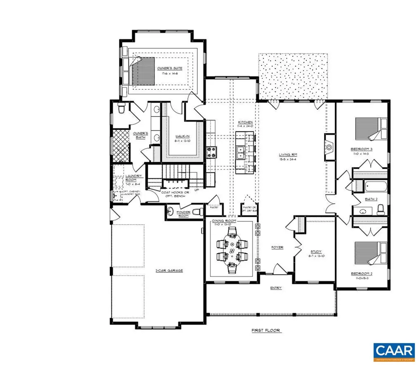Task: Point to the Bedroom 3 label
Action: click(x=361, y=149)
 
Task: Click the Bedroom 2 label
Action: click(x=361, y=273)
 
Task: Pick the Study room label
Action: click(x=316, y=251)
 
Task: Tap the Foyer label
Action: click(x=277, y=247)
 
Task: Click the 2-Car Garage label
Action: click(x=169, y=271)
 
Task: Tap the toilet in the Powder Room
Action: click(x=198, y=211)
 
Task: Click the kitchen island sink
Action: click(x=241, y=153)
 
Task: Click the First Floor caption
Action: click(x=266, y=330)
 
